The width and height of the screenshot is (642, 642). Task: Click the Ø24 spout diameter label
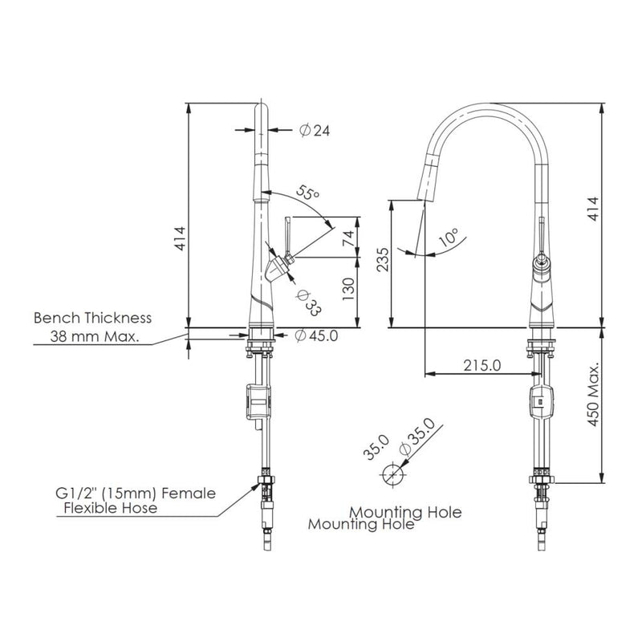[315, 130]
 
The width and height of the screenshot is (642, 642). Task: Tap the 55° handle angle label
[307, 193]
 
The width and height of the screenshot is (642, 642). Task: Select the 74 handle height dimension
[348, 238]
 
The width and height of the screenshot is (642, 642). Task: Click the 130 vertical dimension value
[348, 289]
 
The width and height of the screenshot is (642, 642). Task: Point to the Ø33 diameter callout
[308, 303]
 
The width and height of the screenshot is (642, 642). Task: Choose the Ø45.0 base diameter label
[316, 335]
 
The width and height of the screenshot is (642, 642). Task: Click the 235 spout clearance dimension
[383, 259]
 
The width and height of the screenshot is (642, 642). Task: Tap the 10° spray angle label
[448, 237]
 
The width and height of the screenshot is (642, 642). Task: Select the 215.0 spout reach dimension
[482, 365]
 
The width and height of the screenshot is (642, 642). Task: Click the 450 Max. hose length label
[594, 394]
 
